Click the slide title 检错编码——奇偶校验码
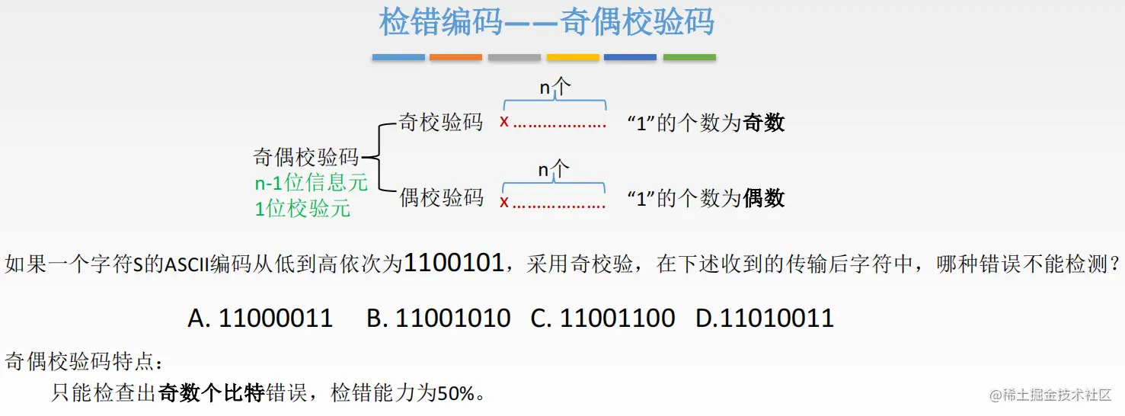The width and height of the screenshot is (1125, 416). pos(547,22)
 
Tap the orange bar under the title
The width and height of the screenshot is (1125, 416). pos(455,57)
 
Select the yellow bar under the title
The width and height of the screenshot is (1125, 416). pos(573,57)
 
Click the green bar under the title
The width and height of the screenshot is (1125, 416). pos(689,57)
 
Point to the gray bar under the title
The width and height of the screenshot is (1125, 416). pos(514,57)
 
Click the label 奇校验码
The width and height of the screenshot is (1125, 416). pos(441,122)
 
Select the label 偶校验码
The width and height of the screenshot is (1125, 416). pos(442,198)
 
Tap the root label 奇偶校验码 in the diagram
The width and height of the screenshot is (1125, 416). pos(306,158)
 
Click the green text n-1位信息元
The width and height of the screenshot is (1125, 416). pos(311,183)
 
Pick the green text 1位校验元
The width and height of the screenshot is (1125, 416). pos(302,208)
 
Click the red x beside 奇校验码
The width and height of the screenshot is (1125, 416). pos(504,121)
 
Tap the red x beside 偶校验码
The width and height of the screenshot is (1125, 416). pos(504,202)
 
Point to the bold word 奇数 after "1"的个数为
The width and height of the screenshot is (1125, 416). pos(764,123)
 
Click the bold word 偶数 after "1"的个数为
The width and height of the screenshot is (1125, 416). pos(764,199)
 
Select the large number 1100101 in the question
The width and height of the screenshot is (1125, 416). pos(453,264)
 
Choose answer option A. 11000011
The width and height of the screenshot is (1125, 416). pos(260,318)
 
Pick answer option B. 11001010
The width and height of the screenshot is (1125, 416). pos(438,318)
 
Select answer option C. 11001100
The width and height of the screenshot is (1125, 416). pos(602,318)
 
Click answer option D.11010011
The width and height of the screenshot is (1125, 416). pos(765,318)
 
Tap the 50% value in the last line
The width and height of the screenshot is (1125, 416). pos(455,393)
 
